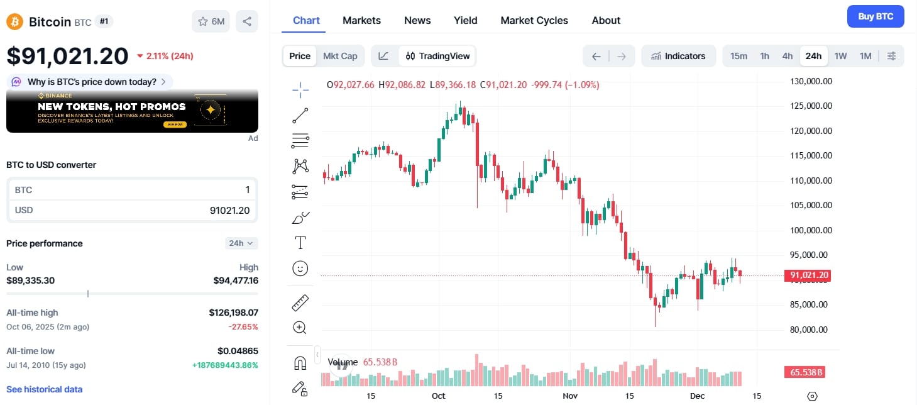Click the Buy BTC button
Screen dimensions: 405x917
click(876, 16)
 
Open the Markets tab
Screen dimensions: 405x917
click(361, 20)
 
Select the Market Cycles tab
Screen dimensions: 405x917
click(534, 20)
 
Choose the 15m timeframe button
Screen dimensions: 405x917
click(739, 56)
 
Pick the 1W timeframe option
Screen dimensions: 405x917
click(840, 56)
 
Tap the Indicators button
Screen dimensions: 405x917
click(678, 56)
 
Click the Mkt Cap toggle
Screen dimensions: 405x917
click(340, 56)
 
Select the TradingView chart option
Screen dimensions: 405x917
click(437, 56)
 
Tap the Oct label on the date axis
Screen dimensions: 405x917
click(438, 396)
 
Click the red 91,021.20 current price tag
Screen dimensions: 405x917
click(807, 275)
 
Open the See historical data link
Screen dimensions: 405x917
click(44, 389)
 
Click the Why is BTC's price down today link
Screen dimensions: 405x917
click(91, 82)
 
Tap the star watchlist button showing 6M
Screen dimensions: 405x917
click(211, 21)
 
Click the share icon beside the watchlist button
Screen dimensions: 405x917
click(247, 21)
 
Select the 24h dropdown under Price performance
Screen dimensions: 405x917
click(241, 243)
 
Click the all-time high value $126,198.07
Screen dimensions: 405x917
click(233, 313)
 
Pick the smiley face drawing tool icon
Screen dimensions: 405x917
click(300, 269)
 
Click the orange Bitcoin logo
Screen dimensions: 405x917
click(14, 22)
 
